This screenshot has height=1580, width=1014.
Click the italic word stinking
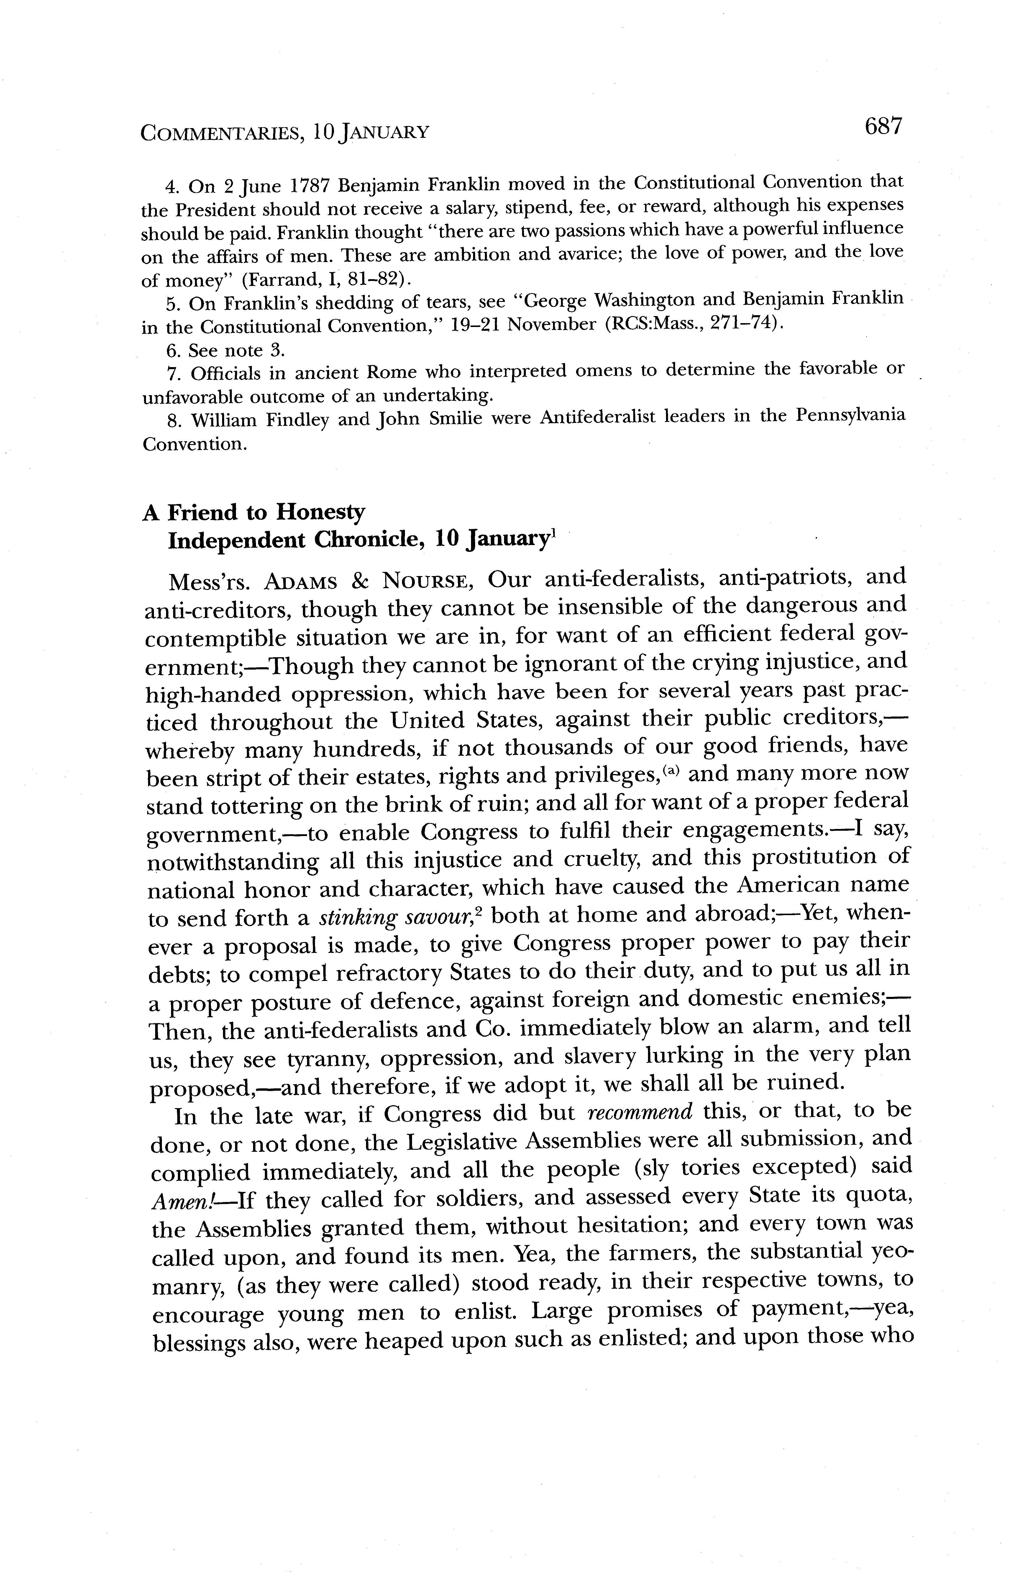pyautogui.click(x=357, y=917)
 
